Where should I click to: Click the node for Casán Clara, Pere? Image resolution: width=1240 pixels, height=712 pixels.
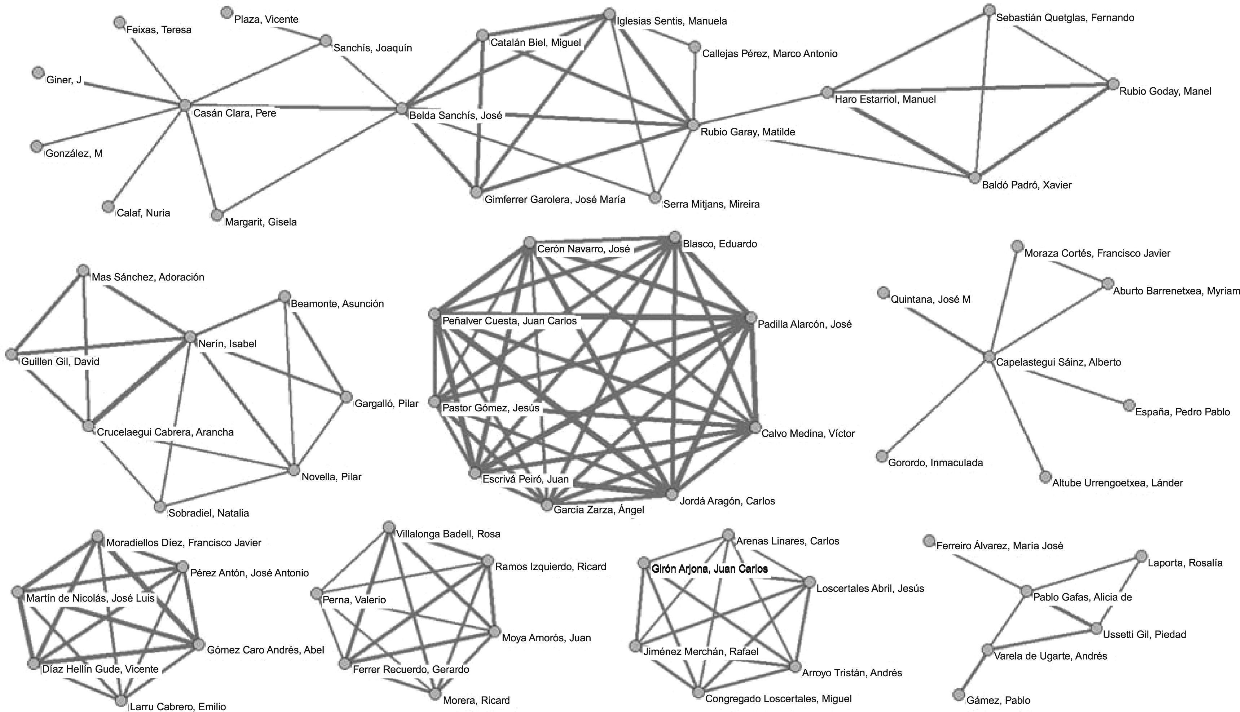(185, 105)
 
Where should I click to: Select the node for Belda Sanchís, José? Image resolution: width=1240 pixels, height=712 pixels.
(402, 108)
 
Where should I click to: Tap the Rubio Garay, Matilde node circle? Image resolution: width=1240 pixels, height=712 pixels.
(693, 125)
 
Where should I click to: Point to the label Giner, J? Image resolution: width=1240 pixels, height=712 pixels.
(64, 80)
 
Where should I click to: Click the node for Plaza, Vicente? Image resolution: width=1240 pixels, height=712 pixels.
(226, 12)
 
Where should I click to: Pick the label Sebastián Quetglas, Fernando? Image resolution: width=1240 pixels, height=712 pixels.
(1065, 18)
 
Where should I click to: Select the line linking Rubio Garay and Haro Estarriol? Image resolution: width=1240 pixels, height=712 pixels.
(760, 109)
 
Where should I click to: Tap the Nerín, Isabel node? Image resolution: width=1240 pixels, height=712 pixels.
(190, 336)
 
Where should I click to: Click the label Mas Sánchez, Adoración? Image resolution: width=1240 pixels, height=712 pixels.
(148, 277)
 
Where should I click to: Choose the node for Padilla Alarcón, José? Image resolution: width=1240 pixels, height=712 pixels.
(751, 318)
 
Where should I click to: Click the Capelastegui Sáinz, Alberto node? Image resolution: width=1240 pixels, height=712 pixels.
(989, 357)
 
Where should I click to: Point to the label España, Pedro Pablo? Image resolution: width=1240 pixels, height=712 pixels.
(1182, 412)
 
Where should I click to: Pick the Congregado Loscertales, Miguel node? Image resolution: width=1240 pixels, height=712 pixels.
(698, 693)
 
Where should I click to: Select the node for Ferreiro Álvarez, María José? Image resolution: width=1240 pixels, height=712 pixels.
(929, 540)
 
